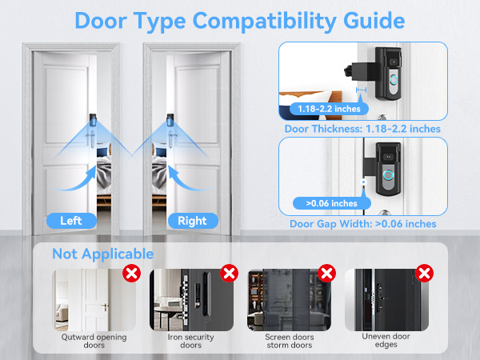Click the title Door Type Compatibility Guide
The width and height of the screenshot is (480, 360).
point(240,19)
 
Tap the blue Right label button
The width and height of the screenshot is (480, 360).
point(192,220)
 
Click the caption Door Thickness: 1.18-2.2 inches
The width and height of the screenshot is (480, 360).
point(362,129)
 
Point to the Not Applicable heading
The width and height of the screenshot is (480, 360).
point(102,254)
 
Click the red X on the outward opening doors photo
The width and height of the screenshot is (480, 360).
point(131,274)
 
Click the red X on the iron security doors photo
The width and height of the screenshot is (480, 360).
point(229,274)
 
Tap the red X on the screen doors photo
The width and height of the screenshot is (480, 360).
point(326,274)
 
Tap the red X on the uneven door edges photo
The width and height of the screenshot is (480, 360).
point(423,274)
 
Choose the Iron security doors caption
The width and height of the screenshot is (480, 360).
point(191,342)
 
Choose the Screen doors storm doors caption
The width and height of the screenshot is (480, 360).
point(288,342)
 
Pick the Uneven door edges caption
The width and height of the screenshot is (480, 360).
point(386,342)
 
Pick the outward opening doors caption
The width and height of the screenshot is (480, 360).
point(94,342)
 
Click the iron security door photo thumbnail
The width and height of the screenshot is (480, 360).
point(191,300)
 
